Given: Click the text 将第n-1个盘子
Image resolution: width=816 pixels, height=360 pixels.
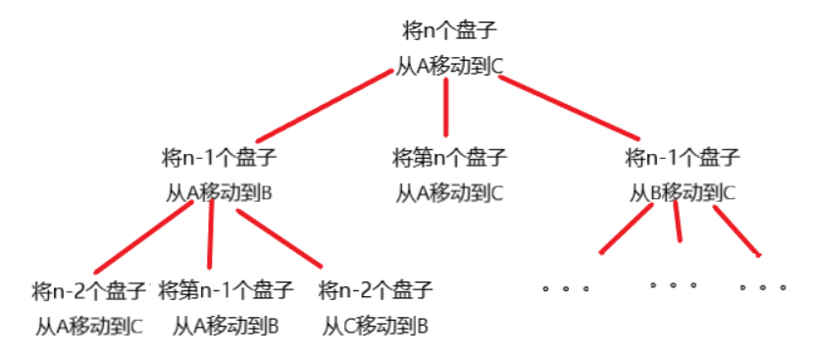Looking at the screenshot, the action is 226,290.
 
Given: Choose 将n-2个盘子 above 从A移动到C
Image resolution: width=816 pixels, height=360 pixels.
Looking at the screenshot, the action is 88,290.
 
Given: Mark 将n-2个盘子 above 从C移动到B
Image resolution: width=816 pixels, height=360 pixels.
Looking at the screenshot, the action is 376,290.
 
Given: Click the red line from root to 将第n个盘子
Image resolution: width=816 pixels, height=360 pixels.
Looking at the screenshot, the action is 446,108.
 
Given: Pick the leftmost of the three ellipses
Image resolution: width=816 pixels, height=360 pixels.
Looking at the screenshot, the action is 566,288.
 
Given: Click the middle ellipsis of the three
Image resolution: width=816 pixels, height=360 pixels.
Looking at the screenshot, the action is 673,286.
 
